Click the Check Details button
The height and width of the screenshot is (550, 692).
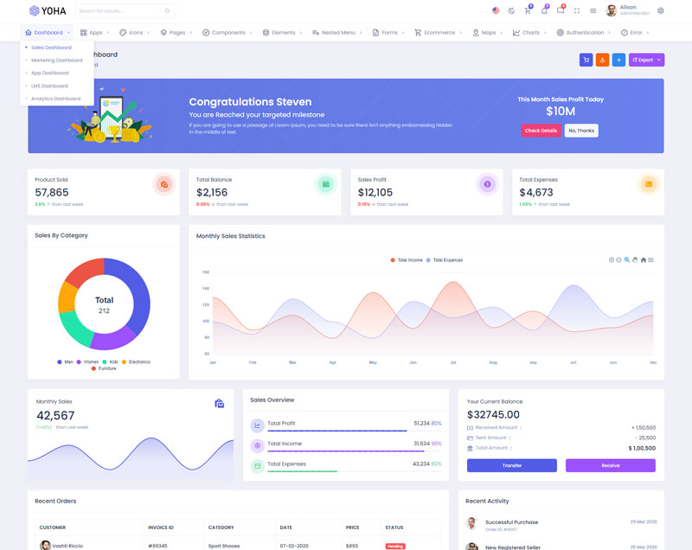(x=541, y=131)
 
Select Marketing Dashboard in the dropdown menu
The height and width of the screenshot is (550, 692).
(x=57, y=61)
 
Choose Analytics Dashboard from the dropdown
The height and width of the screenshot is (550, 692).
(x=55, y=99)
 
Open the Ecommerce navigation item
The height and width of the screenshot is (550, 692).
(x=439, y=32)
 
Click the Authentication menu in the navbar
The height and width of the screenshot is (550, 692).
(x=585, y=32)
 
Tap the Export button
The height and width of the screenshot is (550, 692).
(x=646, y=60)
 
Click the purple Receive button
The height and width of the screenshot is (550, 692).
(x=610, y=465)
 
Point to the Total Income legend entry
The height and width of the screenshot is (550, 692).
(x=409, y=259)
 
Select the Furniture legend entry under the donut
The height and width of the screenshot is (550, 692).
(x=106, y=368)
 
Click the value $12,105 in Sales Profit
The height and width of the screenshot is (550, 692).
(x=375, y=193)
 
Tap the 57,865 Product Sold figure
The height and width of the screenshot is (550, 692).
(x=52, y=193)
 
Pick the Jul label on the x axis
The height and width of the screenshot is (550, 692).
(x=452, y=362)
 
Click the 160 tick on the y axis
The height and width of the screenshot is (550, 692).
(x=206, y=272)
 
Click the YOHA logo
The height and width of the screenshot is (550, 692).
(x=48, y=10)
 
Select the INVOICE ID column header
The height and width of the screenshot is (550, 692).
(x=161, y=528)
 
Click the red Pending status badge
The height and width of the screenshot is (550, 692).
(x=395, y=546)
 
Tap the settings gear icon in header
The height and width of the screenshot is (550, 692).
(x=661, y=10)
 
